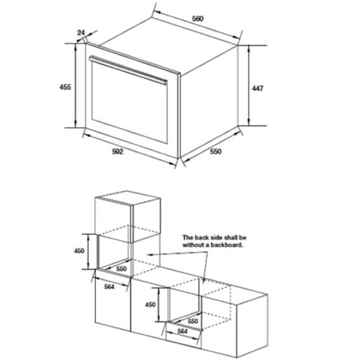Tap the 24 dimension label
(80, 32)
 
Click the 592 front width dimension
(117, 151)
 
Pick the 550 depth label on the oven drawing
(217, 152)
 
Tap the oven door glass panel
(130, 105)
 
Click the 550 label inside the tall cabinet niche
(121, 269)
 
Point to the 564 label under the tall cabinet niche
(110, 285)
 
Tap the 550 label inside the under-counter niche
(194, 321)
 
